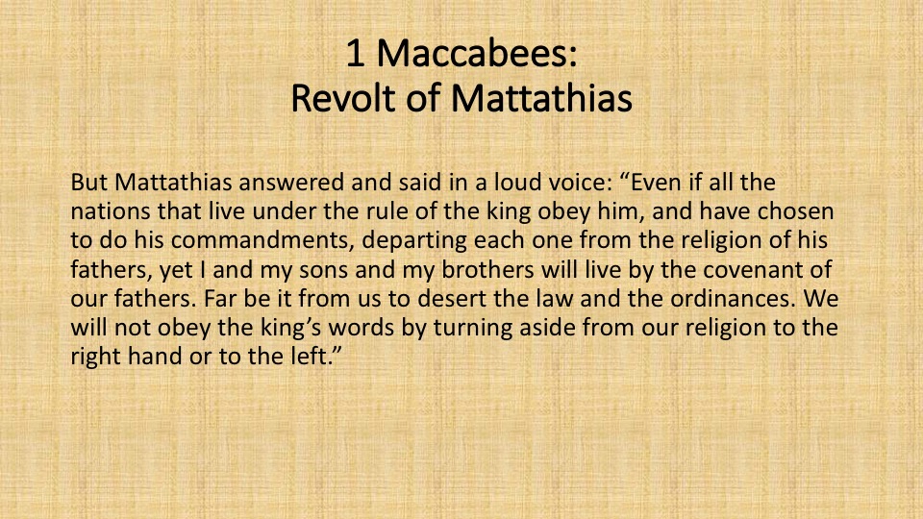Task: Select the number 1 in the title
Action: [355, 53]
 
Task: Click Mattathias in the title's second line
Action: [542, 98]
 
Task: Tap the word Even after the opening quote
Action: [657, 183]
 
